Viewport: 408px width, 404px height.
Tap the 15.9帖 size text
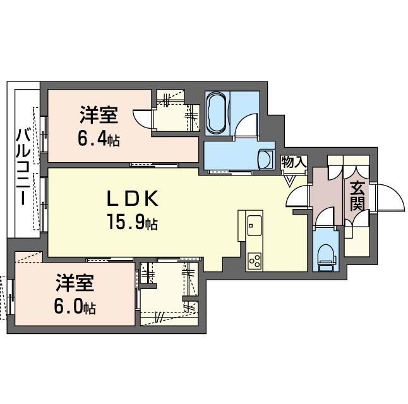click(132, 222)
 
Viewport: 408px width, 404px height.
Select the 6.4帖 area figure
click(100, 138)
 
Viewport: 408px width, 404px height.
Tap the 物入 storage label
click(294, 162)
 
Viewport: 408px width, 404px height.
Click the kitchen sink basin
click(255, 223)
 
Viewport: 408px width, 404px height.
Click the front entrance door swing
click(387, 199)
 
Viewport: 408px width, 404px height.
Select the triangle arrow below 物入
click(289, 181)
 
